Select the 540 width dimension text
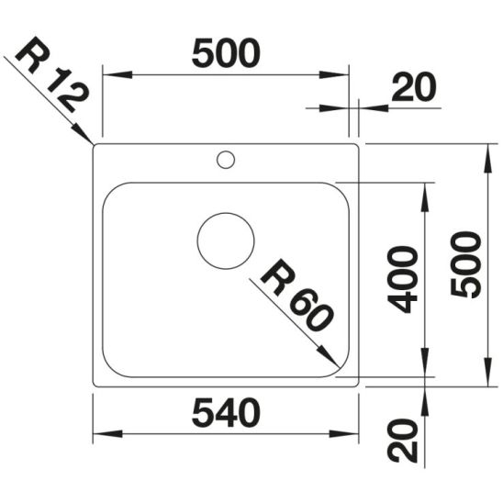[226, 414]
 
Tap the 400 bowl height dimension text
[405, 279]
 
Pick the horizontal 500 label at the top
[226, 54]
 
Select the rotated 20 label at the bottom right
[405, 441]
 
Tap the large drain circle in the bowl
[226, 240]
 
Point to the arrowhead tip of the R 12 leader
[93, 144]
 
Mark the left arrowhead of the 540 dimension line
[95, 436]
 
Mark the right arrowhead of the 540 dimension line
[356, 436]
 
